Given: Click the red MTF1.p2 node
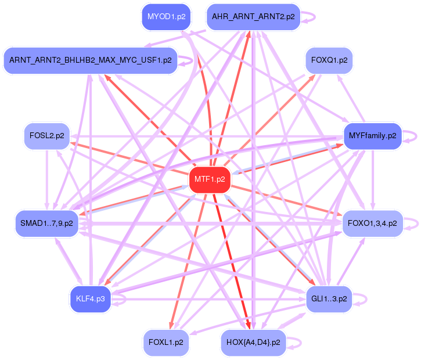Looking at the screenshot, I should (210, 179).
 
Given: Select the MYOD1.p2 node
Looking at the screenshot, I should (166, 17).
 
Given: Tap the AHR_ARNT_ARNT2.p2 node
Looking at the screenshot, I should (253, 17).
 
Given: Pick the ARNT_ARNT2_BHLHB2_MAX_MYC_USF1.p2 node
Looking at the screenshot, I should (90, 60).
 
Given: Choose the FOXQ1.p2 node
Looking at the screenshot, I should (329, 60).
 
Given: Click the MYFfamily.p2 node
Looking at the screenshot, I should (372, 136).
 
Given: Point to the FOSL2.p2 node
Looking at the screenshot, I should (46, 136).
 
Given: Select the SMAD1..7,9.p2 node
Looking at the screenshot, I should (46, 223).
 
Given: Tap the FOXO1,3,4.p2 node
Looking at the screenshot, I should (372, 223).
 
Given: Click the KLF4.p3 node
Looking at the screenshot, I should (90, 299).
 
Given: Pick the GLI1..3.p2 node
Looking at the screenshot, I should (329, 299).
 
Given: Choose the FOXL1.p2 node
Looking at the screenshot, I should (166, 343).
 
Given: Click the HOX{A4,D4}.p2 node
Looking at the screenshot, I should (253, 343).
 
